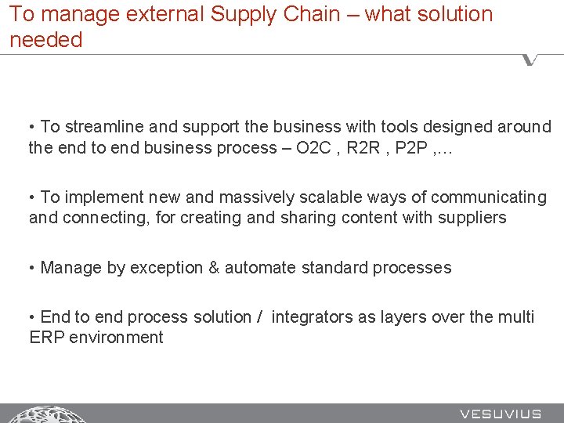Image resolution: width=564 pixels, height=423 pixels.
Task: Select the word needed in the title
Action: coord(46,40)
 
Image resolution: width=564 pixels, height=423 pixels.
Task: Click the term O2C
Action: coord(315,147)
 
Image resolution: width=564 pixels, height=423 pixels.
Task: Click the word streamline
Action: coord(103,127)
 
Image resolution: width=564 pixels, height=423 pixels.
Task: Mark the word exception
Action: coord(167,268)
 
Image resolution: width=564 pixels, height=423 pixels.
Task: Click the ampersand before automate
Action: coord(214,268)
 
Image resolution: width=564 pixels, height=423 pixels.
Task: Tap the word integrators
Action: coord(313,317)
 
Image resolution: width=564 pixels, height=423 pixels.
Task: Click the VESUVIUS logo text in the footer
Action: coord(500,414)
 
